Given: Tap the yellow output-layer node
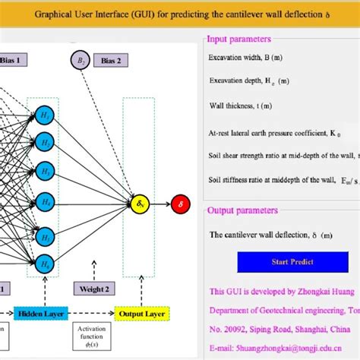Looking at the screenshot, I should coord(138,204).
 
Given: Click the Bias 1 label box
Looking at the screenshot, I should coord(14,59).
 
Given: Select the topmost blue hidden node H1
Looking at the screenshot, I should coord(44,115).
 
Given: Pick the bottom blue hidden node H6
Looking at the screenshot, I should coord(44,264).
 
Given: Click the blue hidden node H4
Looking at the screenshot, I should coord(44,203).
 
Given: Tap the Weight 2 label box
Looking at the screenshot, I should coord(93,289).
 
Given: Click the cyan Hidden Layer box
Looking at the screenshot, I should coord(40,313).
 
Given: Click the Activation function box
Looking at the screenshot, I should coord(91,334).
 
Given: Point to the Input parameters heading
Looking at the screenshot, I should coord(239,39).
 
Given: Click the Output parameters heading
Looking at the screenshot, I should coord(242,210).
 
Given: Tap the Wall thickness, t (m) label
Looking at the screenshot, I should coord(241,106).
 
